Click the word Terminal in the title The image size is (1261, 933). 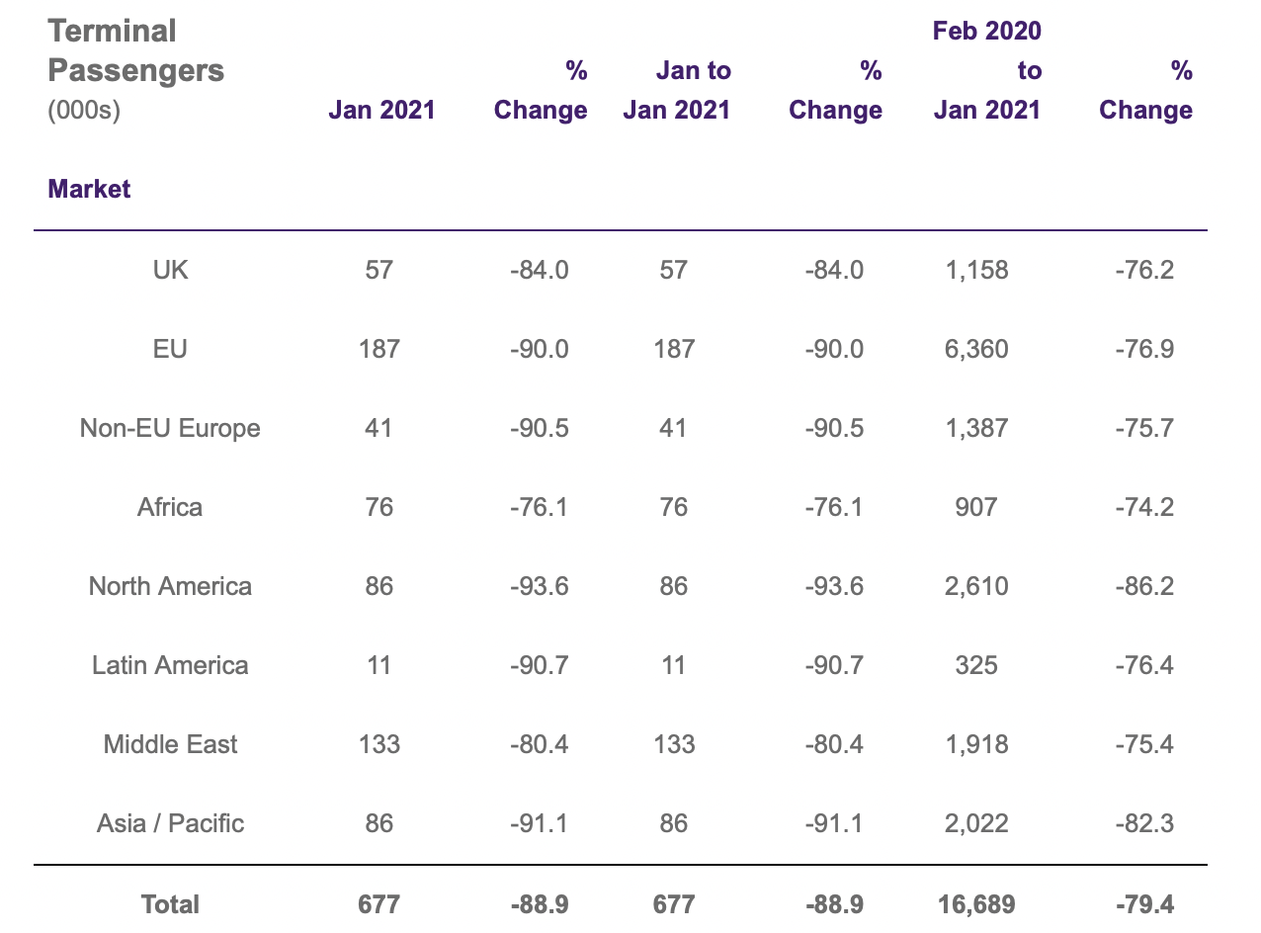coord(112,31)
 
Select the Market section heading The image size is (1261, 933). coord(89,189)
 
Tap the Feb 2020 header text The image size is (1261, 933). coord(987,31)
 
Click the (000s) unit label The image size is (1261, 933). coord(84,110)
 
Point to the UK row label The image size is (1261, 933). coord(170,270)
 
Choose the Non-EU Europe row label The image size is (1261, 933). coord(170,428)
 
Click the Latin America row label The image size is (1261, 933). coord(170,665)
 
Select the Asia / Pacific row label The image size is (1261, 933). coord(170,823)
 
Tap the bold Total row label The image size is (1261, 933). coord(170,904)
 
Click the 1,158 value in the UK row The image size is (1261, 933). coord(976,270)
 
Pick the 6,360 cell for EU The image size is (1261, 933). coord(976,349)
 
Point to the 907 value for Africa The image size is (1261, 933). coord(976,507)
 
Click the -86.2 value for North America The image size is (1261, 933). coord(1144,586)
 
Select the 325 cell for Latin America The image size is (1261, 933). coord(976,665)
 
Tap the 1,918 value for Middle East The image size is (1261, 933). coord(976,745)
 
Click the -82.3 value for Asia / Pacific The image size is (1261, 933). coord(1144,823)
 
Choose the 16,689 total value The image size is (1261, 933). coord(976,904)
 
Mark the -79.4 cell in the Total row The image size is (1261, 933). coord(1144,904)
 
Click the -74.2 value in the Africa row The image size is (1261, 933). coord(1144,507)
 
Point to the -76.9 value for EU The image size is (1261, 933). coord(1144,349)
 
